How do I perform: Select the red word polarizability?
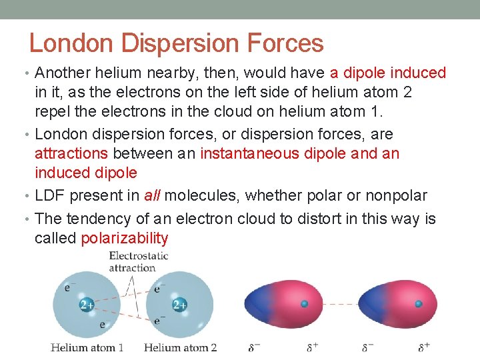coord(124,238)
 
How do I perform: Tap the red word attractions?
coord(71,153)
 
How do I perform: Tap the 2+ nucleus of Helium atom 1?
coord(87,305)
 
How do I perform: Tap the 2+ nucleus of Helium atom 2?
coord(179,305)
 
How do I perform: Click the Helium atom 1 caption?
coord(87,347)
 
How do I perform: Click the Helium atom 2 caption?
coord(180,347)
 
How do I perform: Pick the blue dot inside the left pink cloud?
coord(305,304)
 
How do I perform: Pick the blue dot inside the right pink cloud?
coord(419,304)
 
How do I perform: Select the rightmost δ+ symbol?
coord(424,347)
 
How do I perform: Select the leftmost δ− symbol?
coord(253,347)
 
